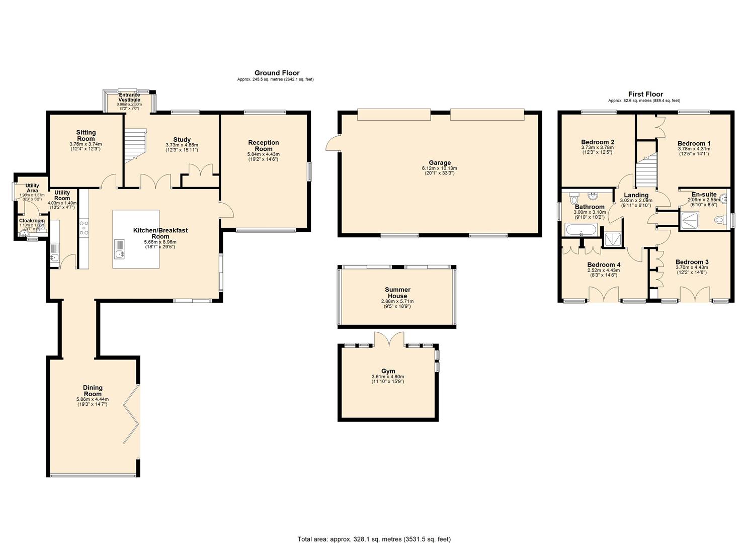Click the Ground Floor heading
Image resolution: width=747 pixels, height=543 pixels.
[277, 73]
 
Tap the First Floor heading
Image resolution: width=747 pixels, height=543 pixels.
[645, 94]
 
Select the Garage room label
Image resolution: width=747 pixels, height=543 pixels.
[439, 163]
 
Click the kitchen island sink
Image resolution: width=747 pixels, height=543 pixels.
[119, 254]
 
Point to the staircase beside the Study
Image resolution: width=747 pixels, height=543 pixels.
[135, 145]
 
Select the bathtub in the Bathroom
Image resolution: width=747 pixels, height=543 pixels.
[581, 231]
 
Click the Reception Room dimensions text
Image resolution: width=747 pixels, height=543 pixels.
[263, 157]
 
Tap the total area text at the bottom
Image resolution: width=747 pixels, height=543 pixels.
[374, 539]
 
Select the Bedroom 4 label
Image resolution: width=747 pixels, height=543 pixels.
[604, 265]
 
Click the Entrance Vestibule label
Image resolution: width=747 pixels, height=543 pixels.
[129, 98]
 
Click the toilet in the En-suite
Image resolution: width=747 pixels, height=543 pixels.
[720, 220]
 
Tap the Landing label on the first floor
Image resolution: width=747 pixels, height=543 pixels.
[636, 195]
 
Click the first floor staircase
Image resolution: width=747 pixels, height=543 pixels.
[647, 171]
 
